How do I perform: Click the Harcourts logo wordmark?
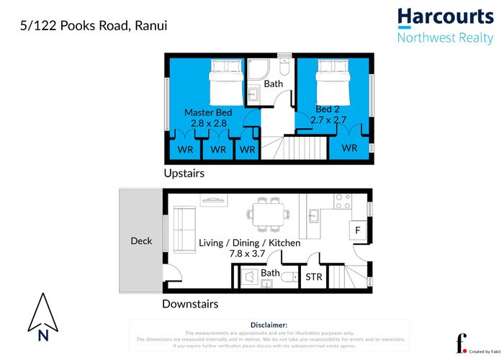(x=446, y=17)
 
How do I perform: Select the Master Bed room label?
(x=208, y=112)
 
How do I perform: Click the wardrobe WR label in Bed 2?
(x=349, y=148)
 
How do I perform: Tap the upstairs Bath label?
(x=274, y=84)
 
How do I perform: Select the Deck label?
(x=141, y=240)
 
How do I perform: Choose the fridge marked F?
(x=358, y=230)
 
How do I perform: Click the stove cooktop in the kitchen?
(x=343, y=200)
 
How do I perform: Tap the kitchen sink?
(x=315, y=214)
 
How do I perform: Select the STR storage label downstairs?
(x=314, y=276)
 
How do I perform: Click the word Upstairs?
(x=184, y=174)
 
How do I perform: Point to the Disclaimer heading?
(x=269, y=325)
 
